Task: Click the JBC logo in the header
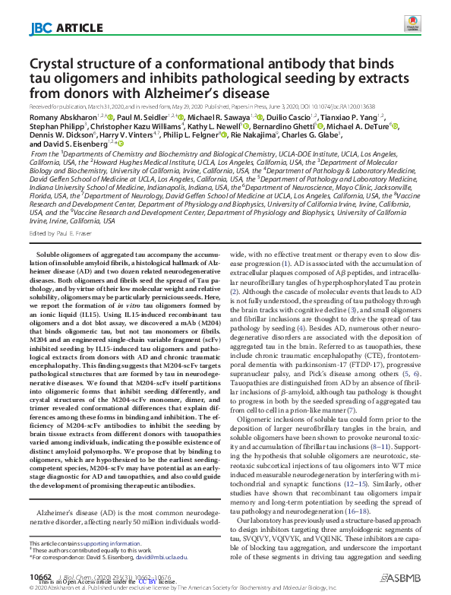[40, 29]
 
